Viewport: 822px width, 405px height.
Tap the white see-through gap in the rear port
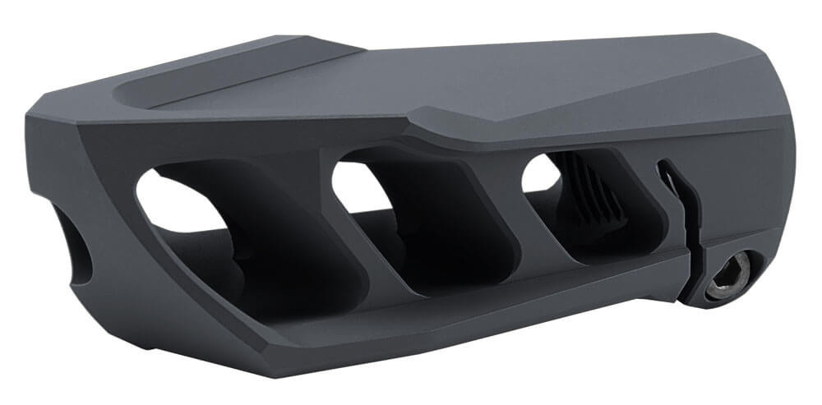(x=540, y=172)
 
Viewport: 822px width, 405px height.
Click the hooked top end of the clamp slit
(x=664, y=168)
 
